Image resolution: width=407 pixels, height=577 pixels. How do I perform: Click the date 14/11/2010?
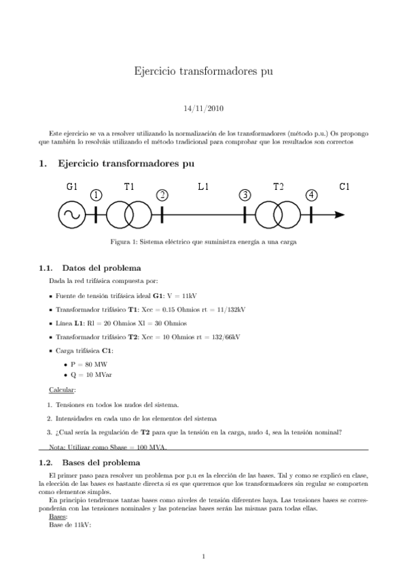[x=204, y=108]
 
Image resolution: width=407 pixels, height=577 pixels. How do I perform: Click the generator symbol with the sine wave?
[x=70, y=216]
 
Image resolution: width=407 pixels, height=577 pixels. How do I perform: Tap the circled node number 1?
[x=96, y=195]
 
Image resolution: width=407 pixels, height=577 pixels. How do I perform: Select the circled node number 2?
[x=162, y=195]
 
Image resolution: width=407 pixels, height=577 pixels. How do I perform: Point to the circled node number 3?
[x=245, y=195]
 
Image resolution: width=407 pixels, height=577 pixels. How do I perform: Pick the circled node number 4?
[x=311, y=195]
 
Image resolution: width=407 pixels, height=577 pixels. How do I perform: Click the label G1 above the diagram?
[x=73, y=186]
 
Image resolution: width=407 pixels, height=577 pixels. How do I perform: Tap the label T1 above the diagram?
[x=130, y=186]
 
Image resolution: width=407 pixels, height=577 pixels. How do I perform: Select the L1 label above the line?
[x=203, y=186]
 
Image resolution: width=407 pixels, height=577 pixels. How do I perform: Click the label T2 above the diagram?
[x=279, y=186]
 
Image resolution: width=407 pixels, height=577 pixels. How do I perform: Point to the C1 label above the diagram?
[x=344, y=186]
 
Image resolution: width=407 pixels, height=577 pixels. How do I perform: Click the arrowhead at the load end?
[x=340, y=216]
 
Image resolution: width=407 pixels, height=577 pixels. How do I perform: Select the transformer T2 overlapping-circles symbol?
[x=278, y=216]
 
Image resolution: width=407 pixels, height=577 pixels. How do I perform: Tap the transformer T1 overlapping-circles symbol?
[x=129, y=216]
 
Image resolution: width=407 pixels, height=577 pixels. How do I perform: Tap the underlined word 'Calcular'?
[x=63, y=390]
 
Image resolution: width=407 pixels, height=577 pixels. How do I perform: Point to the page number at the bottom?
[x=204, y=557]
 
